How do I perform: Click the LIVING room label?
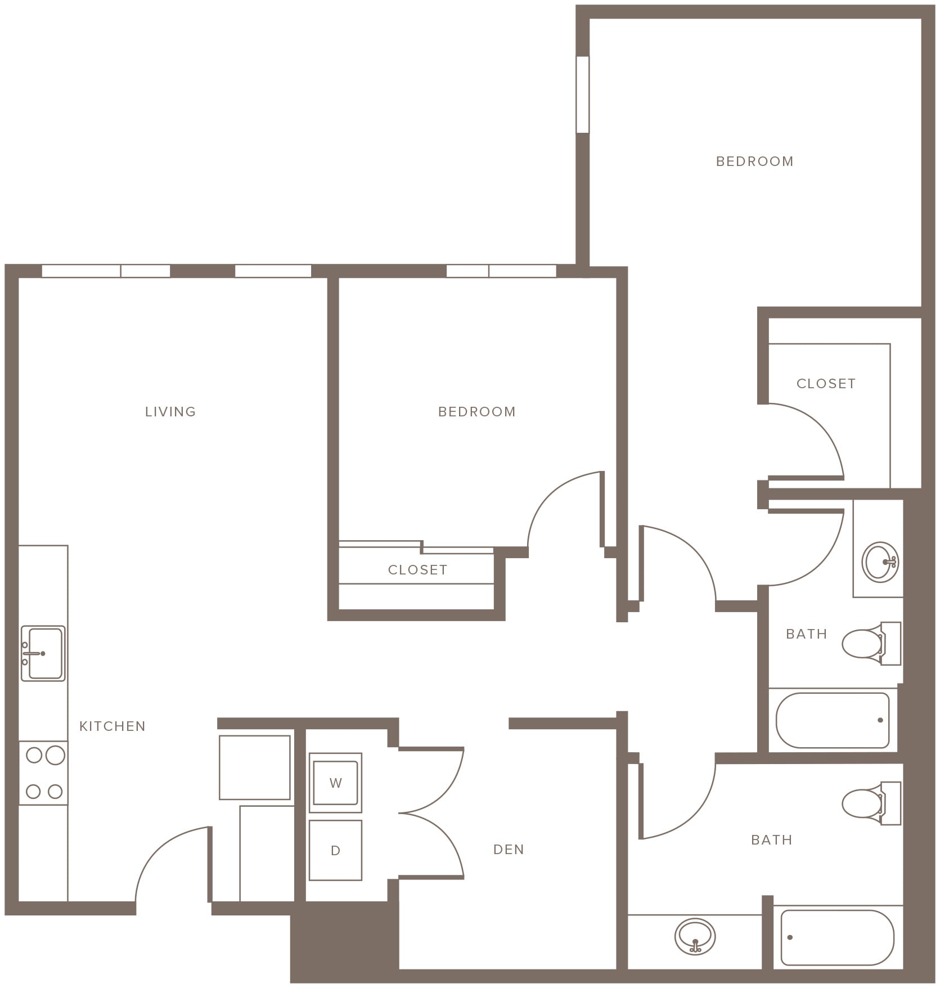tap(170, 412)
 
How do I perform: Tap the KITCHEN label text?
tap(113, 726)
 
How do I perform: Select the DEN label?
tap(509, 850)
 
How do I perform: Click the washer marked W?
tap(335, 783)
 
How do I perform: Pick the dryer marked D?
tap(335, 850)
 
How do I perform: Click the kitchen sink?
tap(43, 653)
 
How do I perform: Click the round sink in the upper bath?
tap(880, 562)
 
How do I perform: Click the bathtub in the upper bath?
tap(833, 720)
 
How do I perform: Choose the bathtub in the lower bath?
tap(837, 937)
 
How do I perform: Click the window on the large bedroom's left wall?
tap(583, 95)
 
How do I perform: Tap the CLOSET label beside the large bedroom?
tap(826, 384)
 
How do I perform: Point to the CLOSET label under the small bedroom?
tap(417, 570)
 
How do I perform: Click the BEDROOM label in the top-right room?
tap(754, 161)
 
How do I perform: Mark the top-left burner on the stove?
tap(34, 755)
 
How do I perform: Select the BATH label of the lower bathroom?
tap(771, 840)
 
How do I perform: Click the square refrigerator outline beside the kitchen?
tap(255, 767)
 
